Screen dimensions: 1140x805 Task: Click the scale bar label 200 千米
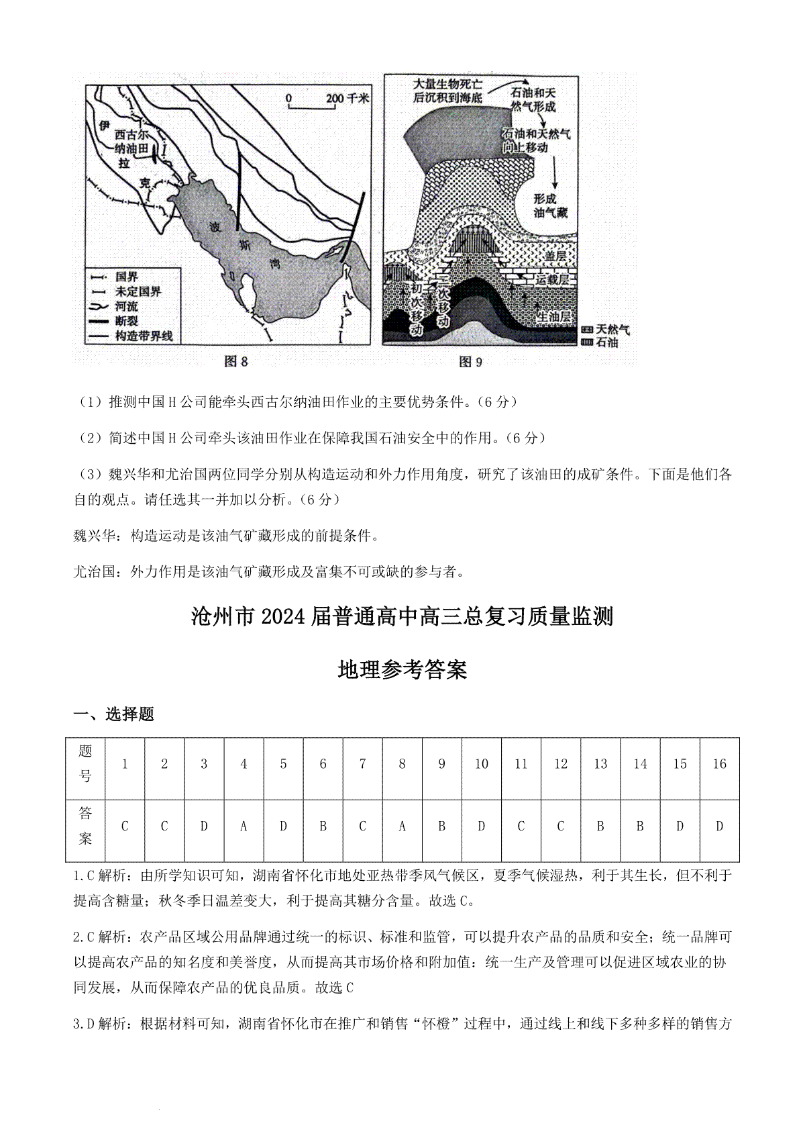pos(347,98)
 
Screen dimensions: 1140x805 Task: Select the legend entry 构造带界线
pos(144,336)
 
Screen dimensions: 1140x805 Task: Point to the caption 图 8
pos(235,363)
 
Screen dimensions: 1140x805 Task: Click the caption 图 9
pos(470,363)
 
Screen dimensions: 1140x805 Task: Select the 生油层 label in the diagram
pos(556,316)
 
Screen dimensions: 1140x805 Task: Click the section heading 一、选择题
pos(114,714)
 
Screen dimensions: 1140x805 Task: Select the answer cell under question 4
pos(244,826)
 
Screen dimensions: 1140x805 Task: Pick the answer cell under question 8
pos(402,826)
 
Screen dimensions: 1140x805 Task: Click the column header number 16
pos(719,764)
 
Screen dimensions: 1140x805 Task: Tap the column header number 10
pos(481,764)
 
